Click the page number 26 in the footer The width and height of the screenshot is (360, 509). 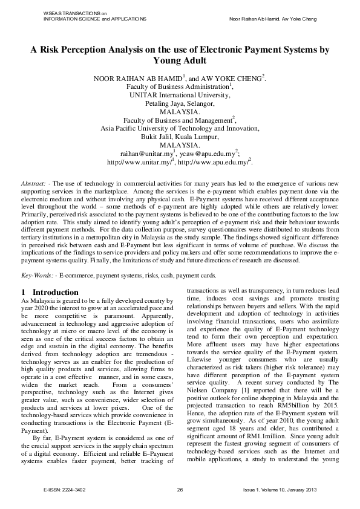coord(180,488)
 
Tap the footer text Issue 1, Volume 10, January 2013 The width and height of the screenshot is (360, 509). coord(282,488)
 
